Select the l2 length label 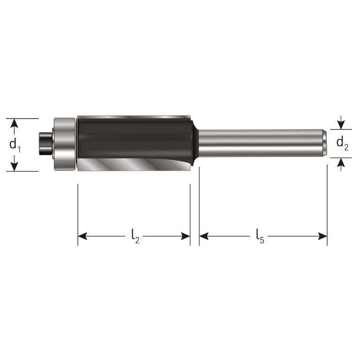135,236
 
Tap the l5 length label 260,236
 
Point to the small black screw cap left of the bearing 46,143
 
